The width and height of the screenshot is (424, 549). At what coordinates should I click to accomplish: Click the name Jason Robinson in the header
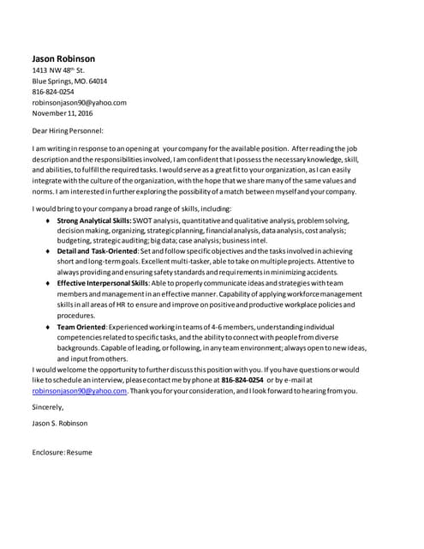click(63, 58)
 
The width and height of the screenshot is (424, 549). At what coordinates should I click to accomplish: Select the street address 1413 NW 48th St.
click(58, 70)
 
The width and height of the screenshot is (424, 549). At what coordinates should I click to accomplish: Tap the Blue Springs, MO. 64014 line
click(69, 81)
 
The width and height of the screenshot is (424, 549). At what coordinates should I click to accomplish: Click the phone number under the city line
click(53, 92)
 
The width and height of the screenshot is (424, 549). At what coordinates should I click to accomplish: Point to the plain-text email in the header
click(79, 102)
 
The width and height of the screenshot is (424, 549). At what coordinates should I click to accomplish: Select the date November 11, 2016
click(63, 112)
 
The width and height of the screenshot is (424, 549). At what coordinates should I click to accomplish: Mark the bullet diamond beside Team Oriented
click(45, 328)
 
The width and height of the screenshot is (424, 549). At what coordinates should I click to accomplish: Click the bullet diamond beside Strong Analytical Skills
click(45, 221)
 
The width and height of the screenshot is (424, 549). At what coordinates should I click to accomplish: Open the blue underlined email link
click(79, 390)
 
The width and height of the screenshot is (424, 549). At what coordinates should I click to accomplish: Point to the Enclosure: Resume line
click(62, 451)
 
